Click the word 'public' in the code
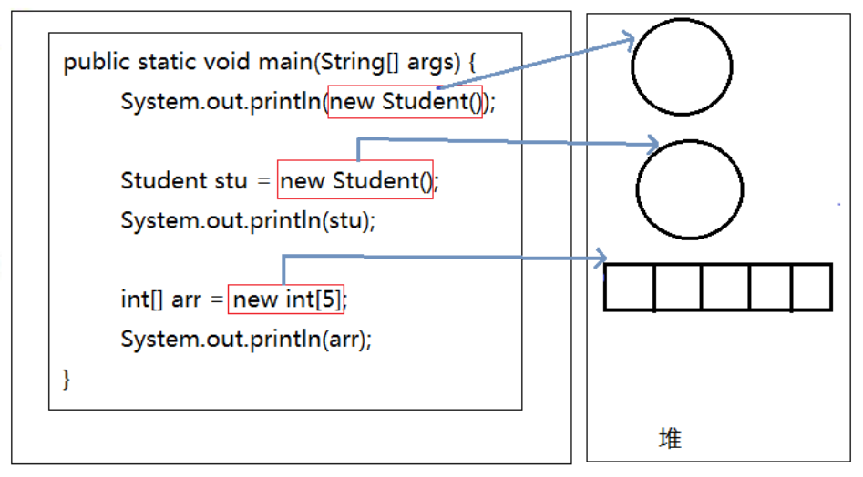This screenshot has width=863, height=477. click(97, 63)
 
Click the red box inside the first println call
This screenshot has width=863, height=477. click(406, 102)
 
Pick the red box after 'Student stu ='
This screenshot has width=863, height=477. click(355, 179)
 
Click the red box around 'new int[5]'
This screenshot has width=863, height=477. click(286, 299)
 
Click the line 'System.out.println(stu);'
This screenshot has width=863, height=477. click(248, 221)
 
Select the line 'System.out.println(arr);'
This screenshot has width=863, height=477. click(246, 339)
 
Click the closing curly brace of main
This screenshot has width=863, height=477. click(67, 379)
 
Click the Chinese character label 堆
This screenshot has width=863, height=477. click(671, 439)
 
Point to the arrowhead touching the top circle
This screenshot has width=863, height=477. click(629, 39)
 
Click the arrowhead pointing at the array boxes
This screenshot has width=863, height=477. click(601, 258)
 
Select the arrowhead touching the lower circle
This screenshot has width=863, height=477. click(653, 145)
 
